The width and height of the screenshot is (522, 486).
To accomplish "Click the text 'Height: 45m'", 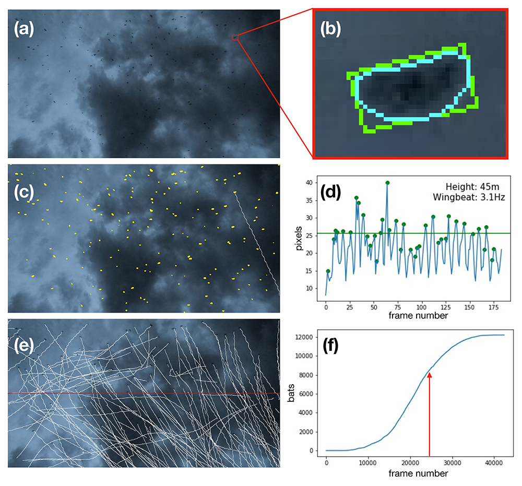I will coord(469,186).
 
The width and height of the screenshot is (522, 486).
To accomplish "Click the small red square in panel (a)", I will coord(235,37).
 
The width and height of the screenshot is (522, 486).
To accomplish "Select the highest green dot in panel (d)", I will coord(387,183).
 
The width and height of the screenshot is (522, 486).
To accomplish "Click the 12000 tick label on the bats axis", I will coord(307,337).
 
